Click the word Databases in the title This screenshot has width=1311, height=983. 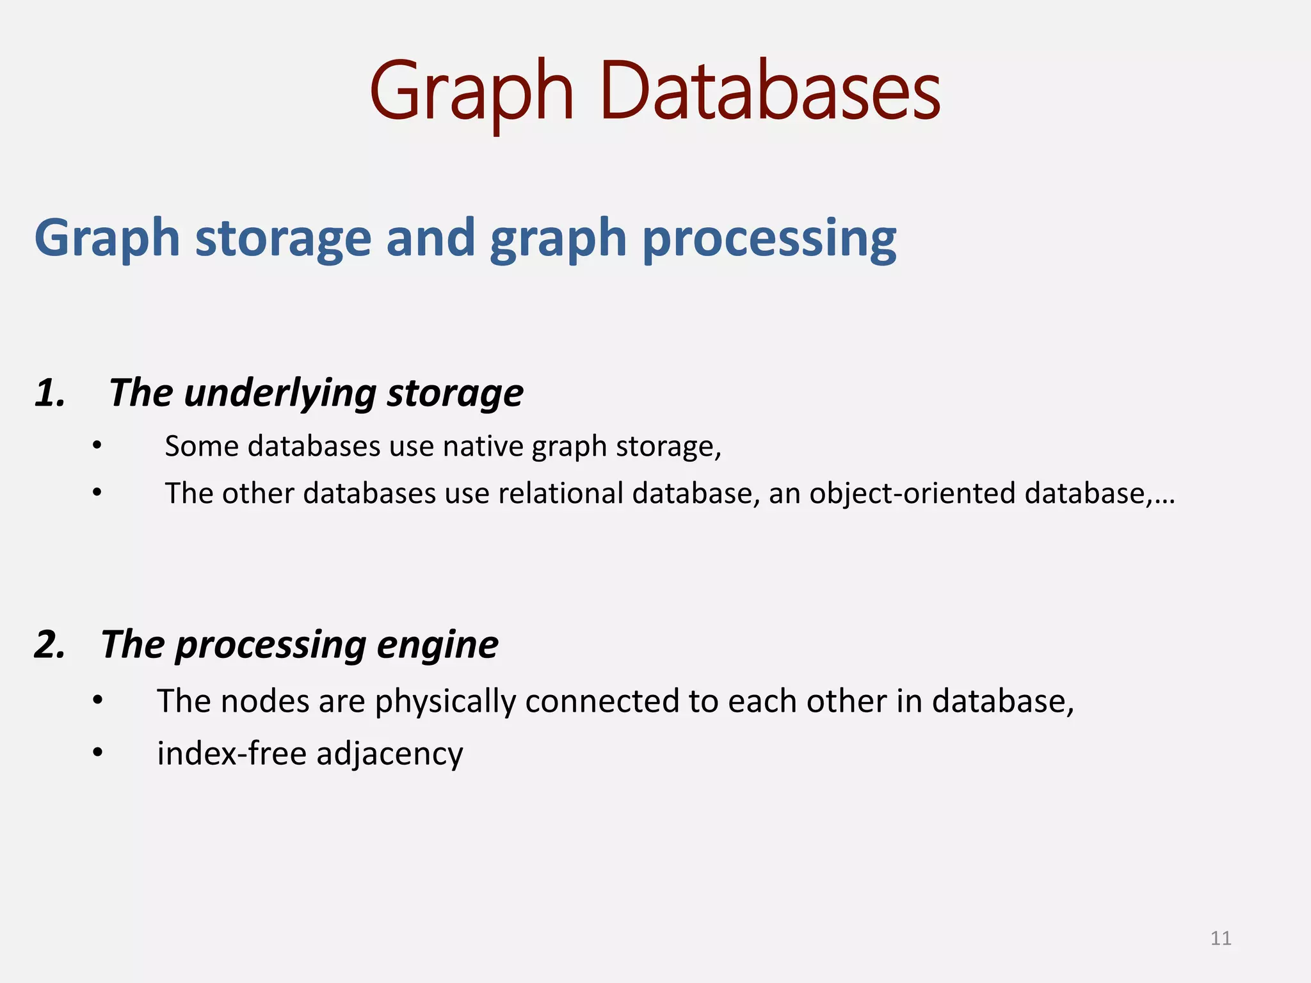770,91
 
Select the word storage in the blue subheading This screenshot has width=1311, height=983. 283,238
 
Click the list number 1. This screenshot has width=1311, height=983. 50,392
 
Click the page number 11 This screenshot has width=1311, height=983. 1221,938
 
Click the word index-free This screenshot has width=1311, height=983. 232,753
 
